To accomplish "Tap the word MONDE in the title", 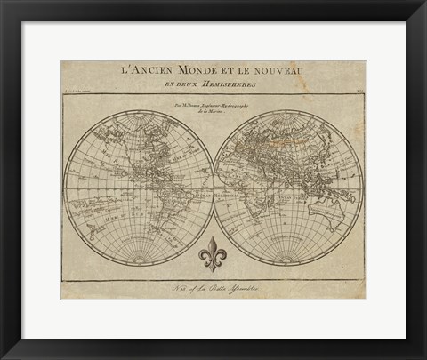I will [x=203, y=69].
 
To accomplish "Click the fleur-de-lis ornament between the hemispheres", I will [x=213, y=255].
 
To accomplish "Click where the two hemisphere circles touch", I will [x=213, y=188].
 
